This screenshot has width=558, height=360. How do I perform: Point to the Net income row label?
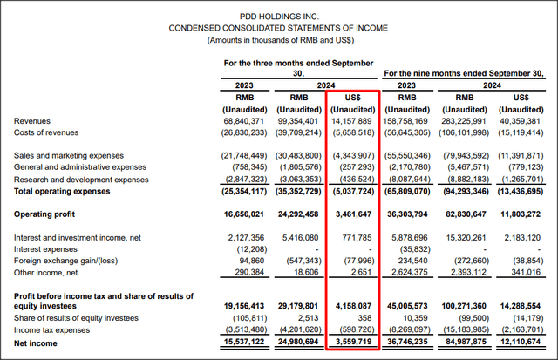point(37,342)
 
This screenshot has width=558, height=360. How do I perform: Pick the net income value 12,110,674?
point(525,342)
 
